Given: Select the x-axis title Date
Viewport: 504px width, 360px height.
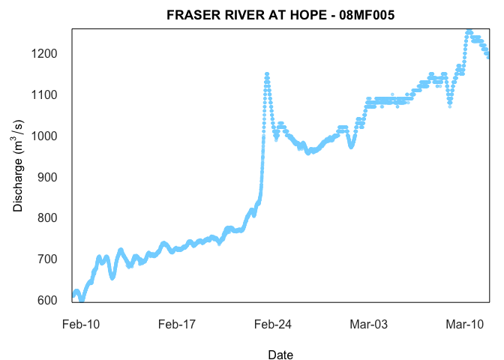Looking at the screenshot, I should coord(280,355).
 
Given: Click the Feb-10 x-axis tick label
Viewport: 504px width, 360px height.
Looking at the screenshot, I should coord(81,324).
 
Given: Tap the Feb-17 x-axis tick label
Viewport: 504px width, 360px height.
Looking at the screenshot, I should coord(177,324).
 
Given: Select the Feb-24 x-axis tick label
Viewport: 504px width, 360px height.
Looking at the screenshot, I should coord(273,324).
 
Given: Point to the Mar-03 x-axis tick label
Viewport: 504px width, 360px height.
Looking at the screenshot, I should coord(369,324).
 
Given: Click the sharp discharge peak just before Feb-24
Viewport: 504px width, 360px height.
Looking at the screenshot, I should coord(266,73).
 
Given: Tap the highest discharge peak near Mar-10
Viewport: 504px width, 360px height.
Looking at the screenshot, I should coord(469,32).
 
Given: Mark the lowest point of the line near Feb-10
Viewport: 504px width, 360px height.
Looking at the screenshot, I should coord(82,299).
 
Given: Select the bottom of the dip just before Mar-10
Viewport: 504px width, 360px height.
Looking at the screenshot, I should coord(449,105).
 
